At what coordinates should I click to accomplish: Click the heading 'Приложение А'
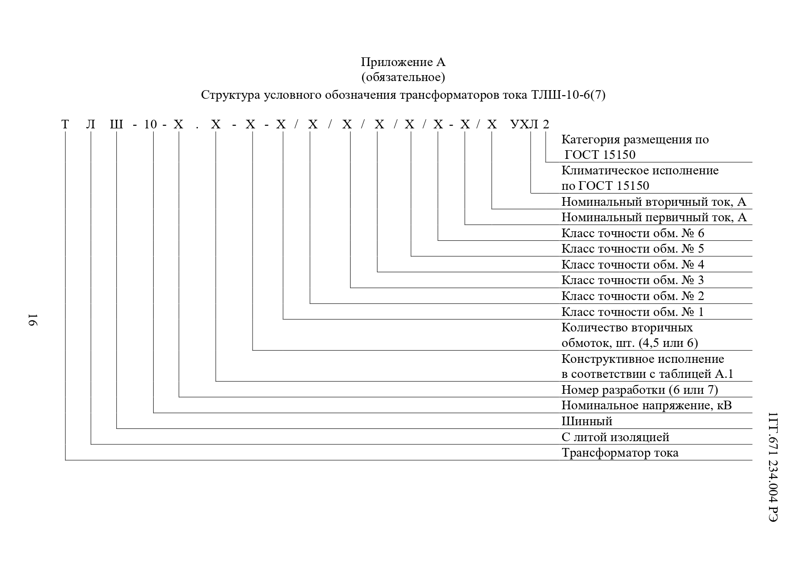(x=403, y=62)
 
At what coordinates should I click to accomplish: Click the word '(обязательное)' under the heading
(x=403, y=77)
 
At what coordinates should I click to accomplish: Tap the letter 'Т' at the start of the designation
(x=66, y=124)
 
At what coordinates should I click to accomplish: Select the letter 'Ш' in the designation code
(x=117, y=124)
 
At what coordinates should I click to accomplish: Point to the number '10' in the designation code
(x=150, y=124)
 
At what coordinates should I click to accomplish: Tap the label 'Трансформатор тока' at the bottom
(x=620, y=453)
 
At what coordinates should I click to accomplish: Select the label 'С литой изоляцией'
(x=615, y=438)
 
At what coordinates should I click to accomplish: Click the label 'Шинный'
(x=587, y=422)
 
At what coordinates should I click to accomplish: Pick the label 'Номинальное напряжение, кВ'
(x=646, y=405)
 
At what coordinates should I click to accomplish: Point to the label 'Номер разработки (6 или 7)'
(x=640, y=390)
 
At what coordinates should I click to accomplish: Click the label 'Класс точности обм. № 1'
(x=633, y=312)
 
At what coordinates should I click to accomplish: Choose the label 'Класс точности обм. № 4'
(x=633, y=265)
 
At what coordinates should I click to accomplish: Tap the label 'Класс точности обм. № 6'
(x=633, y=234)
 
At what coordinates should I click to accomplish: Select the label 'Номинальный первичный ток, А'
(x=654, y=218)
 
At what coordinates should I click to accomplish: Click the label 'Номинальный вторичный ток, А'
(x=654, y=202)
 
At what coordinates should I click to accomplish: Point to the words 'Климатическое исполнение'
(x=640, y=171)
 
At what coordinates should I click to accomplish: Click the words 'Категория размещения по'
(x=635, y=140)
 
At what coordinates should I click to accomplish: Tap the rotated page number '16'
(x=32, y=319)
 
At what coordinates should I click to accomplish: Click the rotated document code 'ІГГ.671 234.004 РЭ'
(x=773, y=467)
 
